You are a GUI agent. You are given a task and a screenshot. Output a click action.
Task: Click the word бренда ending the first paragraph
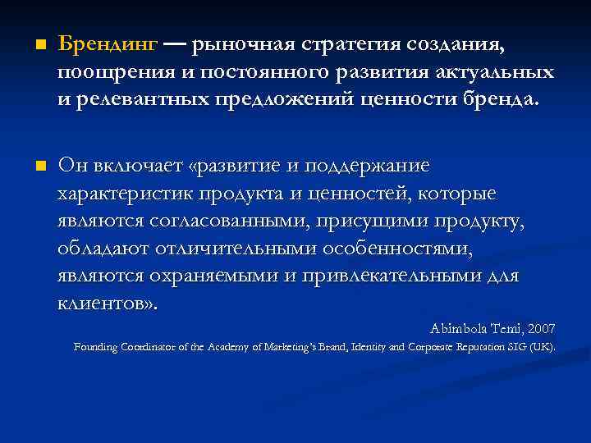506,99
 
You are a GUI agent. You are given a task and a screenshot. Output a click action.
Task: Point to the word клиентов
104,303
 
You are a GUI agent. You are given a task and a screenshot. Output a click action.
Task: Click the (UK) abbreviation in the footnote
543,347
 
